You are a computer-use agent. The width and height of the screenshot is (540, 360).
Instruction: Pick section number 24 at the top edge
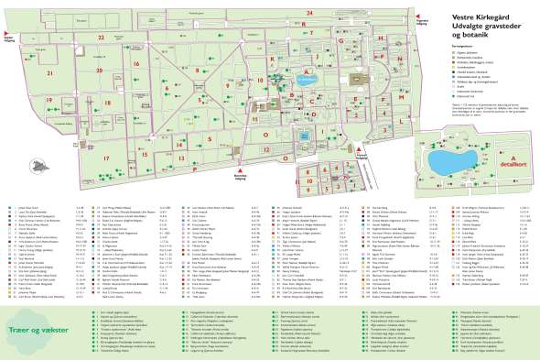[x=310, y=10]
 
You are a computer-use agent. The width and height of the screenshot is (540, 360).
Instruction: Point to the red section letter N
[x=401, y=54]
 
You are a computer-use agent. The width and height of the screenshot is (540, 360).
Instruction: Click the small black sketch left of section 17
[x=39, y=164]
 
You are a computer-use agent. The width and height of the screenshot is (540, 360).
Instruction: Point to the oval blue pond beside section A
[x=304, y=137]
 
